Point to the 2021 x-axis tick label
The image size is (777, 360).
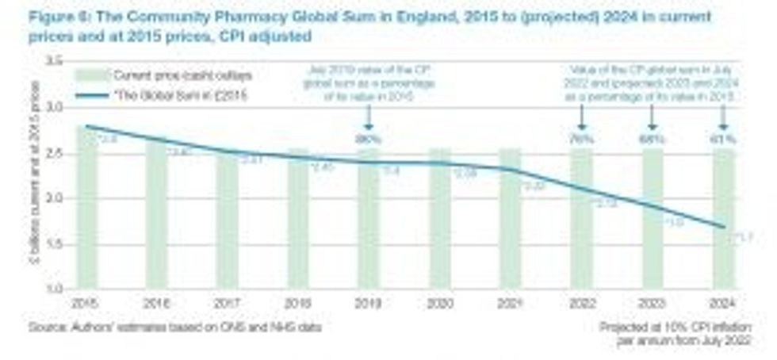[511, 304]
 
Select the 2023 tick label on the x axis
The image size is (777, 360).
[653, 304]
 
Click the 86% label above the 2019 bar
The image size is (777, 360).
[369, 140]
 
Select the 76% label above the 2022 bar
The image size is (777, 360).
[582, 140]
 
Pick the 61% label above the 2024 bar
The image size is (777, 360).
[724, 140]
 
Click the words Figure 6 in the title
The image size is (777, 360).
[52, 17]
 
